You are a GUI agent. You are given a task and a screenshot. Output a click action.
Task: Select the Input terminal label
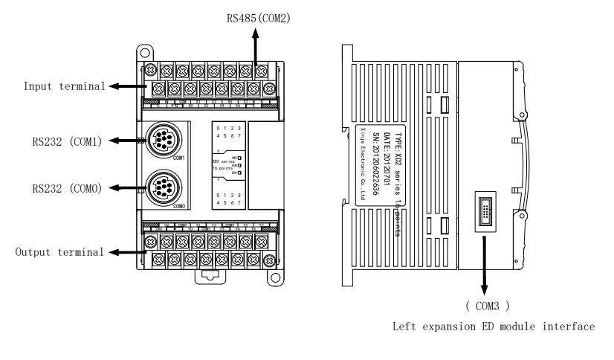(64, 86)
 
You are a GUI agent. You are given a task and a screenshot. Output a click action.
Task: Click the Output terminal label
(59, 252)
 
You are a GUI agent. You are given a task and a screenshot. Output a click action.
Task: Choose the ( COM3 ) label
(487, 305)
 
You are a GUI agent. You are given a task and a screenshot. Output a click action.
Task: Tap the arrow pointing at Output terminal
(126, 252)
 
